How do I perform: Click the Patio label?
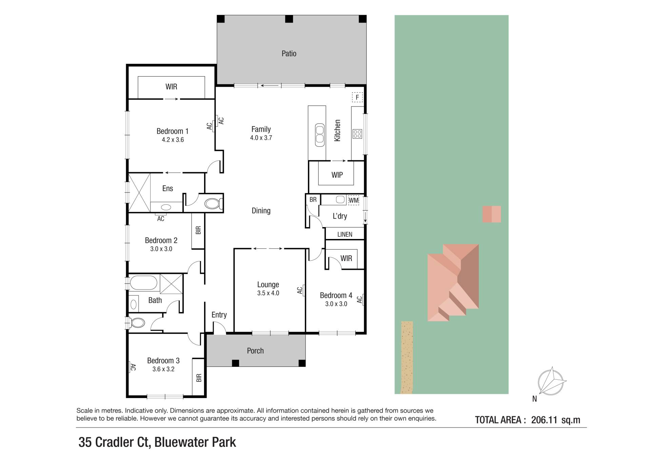(x=289, y=54)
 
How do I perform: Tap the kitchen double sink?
(x=320, y=135)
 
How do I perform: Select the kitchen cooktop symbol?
(x=357, y=134)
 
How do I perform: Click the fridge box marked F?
(x=357, y=97)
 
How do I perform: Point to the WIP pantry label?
(x=337, y=175)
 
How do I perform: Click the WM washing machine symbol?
(x=354, y=200)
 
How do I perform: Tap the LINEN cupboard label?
(x=345, y=234)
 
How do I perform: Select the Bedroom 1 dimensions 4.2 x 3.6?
(x=173, y=140)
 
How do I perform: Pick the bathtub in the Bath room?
(x=143, y=283)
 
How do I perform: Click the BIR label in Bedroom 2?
(x=198, y=230)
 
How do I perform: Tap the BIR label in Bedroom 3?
(x=199, y=378)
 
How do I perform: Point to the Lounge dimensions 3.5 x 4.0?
(x=268, y=293)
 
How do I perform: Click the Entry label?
(x=219, y=315)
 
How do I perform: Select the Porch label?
(x=255, y=351)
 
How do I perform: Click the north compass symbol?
(x=551, y=381)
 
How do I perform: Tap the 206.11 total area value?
(x=544, y=420)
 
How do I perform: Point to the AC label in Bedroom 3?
(x=133, y=367)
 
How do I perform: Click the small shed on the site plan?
(x=492, y=214)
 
